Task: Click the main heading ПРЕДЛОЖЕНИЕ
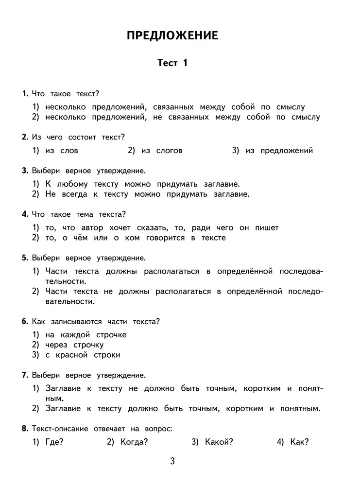click(172, 35)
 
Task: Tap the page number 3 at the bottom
click(172, 461)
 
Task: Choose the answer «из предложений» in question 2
click(279, 151)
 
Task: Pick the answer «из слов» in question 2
click(62, 151)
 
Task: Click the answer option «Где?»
click(54, 442)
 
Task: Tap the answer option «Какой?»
click(219, 442)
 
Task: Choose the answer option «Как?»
click(299, 442)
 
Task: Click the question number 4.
click(25, 213)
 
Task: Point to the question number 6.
click(25, 321)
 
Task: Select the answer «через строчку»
click(74, 345)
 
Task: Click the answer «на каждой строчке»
click(86, 334)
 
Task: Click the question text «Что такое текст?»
click(65, 93)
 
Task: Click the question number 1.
click(25, 93)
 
